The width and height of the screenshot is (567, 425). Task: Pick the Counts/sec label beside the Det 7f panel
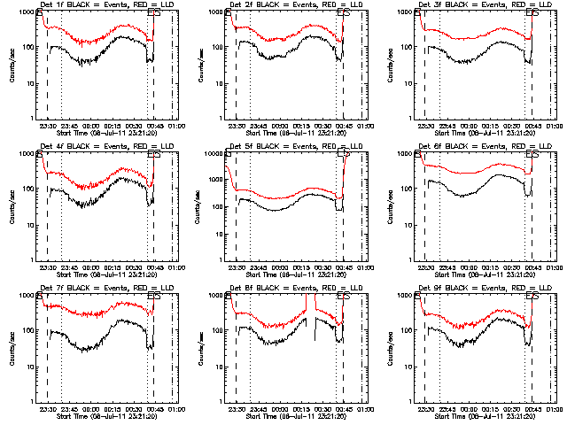[x=12, y=349]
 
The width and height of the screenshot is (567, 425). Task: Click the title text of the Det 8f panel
[x=292, y=289]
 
